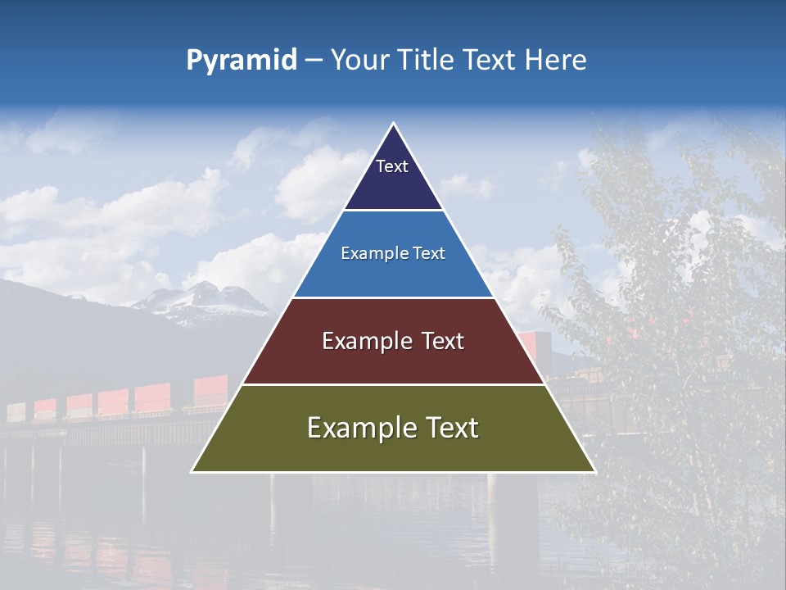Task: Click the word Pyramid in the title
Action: [242, 60]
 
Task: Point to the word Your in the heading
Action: [359, 60]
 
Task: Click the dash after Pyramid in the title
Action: [313, 61]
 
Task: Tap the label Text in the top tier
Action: [392, 166]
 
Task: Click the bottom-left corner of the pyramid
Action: [192, 471]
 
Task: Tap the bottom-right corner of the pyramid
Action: [594, 471]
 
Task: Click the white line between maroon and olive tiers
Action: [393, 384]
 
